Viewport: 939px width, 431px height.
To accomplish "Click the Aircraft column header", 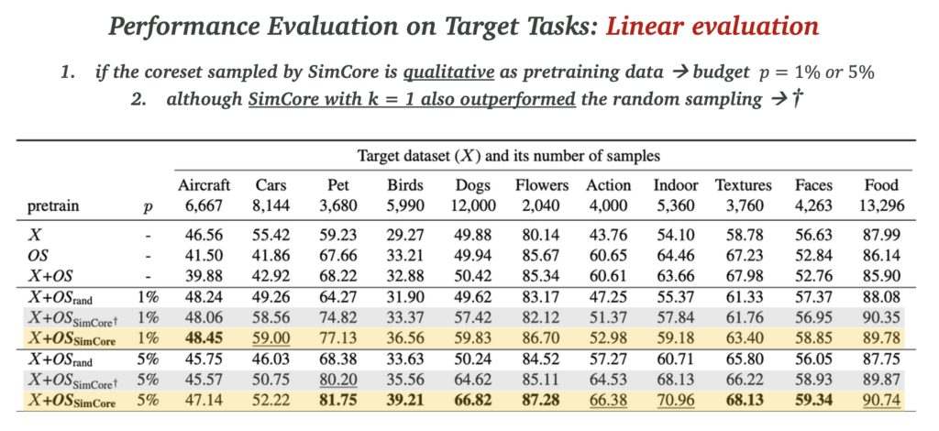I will (x=204, y=185).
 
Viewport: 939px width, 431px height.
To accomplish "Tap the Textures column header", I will (x=743, y=185).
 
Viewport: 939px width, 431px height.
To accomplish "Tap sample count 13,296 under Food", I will (x=882, y=205).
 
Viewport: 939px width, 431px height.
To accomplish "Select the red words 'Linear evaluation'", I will (x=713, y=25).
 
